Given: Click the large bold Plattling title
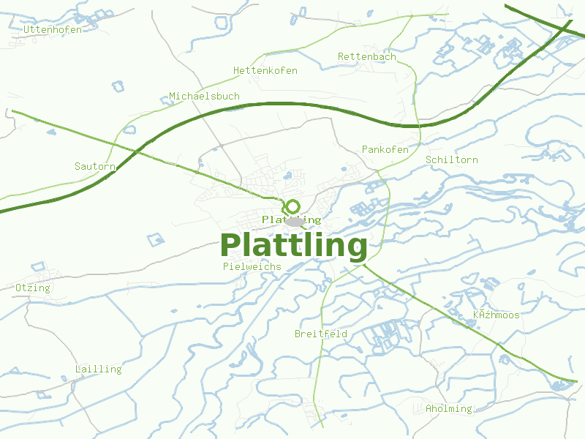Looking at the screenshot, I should (293, 246).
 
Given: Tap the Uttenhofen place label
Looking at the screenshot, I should (53, 29).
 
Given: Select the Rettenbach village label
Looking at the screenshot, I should (367, 56).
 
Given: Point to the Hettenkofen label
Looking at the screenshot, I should (265, 70).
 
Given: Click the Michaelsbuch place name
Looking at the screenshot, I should (204, 96).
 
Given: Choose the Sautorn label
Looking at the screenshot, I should (95, 166).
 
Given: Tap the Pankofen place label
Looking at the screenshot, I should (385, 149).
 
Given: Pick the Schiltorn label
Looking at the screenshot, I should (452, 160).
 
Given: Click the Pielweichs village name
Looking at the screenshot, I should (252, 266).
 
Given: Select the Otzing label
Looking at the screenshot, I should (33, 288).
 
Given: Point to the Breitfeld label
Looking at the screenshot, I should (321, 334).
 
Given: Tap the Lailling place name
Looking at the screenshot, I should (99, 369).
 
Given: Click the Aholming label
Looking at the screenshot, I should (449, 408).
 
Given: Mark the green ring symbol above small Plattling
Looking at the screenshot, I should (292, 207).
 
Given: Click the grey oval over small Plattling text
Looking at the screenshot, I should (295, 221).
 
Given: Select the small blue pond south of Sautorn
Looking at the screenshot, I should (156, 239).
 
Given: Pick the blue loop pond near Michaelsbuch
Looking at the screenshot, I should (129, 130).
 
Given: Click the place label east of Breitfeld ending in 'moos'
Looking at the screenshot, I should (497, 315).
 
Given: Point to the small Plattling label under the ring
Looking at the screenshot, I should (291, 219).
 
